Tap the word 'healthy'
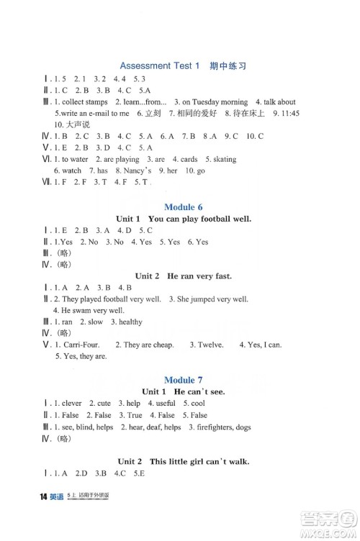pos(130,322)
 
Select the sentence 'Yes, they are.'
pos(81,356)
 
